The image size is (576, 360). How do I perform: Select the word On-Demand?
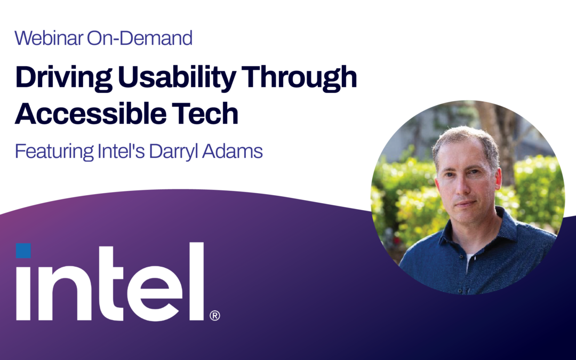[x=140, y=38]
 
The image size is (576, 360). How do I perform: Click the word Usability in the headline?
[x=177, y=78]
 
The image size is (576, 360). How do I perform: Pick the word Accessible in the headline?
[x=90, y=114]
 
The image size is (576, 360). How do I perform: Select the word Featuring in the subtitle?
[x=54, y=151]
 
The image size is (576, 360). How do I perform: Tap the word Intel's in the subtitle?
[x=121, y=151]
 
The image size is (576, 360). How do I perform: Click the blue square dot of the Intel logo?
[x=23, y=251]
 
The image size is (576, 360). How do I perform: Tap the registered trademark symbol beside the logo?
[x=215, y=316]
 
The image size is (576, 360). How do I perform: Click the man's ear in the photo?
[x=498, y=179]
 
